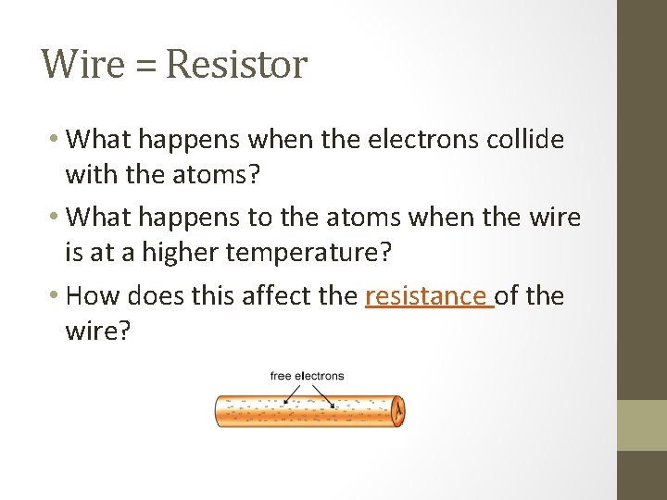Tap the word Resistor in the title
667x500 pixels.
click(236, 65)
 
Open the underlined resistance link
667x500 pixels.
click(429, 296)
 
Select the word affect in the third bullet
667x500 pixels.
click(271, 296)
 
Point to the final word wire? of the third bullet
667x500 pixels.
click(98, 329)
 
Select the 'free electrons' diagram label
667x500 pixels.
click(307, 376)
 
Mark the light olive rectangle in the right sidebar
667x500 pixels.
click(641, 425)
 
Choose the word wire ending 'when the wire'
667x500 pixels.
click(553, 219)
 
